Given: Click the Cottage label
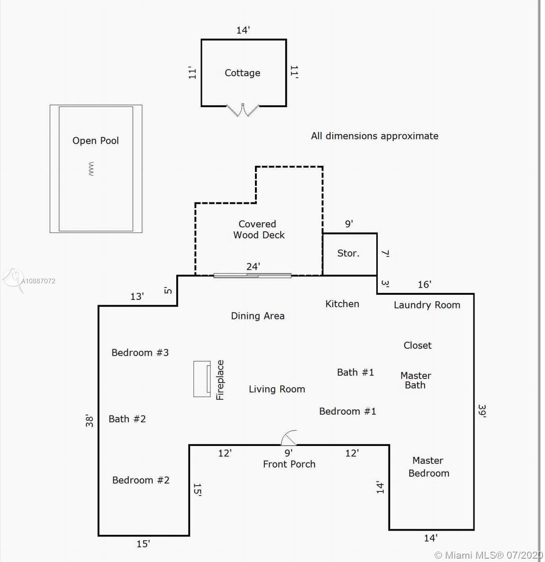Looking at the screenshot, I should click(242, 73).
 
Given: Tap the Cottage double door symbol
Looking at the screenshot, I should click(243, 110).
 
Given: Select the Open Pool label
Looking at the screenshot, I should click(95, 141).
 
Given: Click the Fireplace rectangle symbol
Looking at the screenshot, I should click(202, 379).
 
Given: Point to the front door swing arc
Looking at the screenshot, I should click(289, 438).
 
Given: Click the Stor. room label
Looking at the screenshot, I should click(348, 254).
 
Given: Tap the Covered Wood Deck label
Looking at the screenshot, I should click(258, 229).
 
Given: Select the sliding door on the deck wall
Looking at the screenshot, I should click(252, 275).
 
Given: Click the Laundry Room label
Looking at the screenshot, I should click(427, 305).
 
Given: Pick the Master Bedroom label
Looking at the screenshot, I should click(428, 467).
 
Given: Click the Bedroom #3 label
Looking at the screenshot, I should click(140, 353).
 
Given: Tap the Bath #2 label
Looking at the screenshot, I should click(127, 419).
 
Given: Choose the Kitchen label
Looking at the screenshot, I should click(342, 304).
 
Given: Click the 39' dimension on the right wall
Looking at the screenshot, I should click(482, 410).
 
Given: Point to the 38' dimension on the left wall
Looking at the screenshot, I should click(89, 420).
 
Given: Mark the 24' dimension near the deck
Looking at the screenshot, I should click(253, 266).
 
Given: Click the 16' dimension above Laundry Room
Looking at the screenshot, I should click(424, 284).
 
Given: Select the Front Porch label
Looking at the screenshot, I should click(289, 464).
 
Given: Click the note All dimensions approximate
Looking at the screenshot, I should click(374, 136).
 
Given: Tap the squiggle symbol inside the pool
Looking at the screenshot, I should click(91, 169).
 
